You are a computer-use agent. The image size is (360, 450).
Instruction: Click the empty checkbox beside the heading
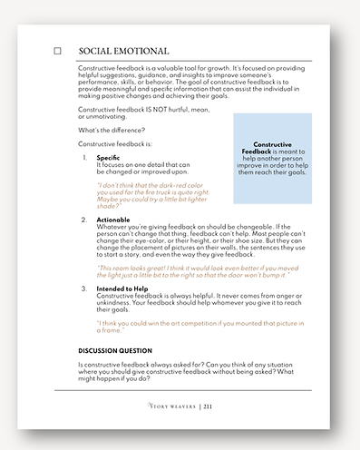click(x=58, y=52)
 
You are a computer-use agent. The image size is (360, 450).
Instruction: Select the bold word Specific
click(x=108, y=159)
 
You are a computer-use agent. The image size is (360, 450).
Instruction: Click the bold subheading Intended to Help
click(x=124, y=288)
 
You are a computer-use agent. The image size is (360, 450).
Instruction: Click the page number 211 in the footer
click(x=208, y=407)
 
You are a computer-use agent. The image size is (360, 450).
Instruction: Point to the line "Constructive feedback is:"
click(x=115, y=144)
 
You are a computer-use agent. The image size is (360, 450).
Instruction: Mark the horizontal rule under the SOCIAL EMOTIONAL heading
click(x=195, y=62)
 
